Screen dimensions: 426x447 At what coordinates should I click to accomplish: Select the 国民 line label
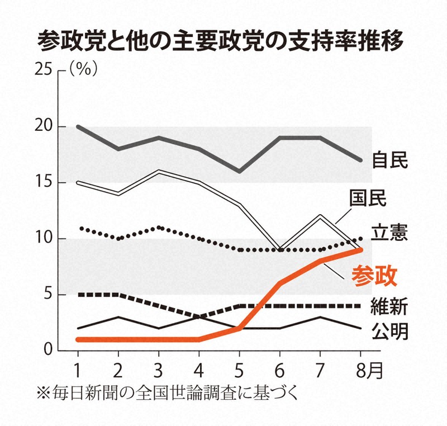(368, 198)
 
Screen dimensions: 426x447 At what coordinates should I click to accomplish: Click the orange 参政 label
(374, 275)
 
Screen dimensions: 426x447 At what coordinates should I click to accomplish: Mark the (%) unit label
(84, 70)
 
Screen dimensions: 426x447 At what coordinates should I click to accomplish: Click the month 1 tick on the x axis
(77, 370)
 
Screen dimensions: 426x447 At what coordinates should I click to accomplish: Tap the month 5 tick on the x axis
(239, 370)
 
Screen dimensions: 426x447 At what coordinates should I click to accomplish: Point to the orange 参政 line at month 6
(279, 283)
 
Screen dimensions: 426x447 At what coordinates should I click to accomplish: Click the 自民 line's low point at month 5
(239, 171)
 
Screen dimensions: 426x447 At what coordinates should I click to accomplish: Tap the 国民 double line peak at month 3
(158, 171)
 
